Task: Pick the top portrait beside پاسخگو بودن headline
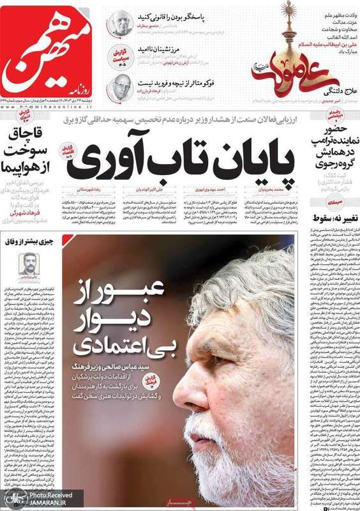[119, 24]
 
